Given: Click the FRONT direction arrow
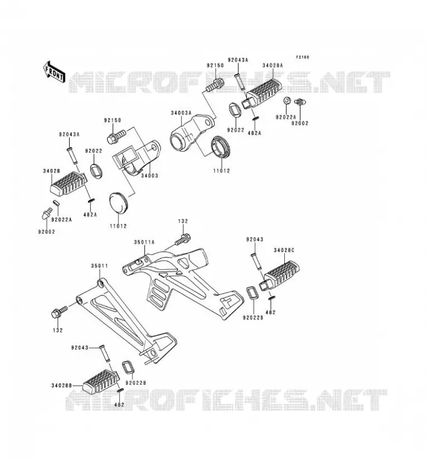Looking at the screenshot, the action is pos(54,73).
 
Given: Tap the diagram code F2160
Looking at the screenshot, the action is pos(302,57).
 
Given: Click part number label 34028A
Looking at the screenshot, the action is pos(273,66).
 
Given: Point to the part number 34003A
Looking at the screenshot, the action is pos(181,113).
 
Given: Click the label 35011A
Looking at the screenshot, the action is pos(144,242).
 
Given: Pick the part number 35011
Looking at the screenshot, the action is pos(99,266).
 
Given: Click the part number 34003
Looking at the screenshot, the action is pos(150,176).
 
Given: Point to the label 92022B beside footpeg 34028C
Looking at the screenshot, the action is pos(253,317).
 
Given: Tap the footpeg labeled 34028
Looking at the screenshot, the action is pos(68,183).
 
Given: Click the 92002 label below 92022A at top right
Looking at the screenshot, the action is pos(300,123).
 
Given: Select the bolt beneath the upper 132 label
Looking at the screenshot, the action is pos(182,239).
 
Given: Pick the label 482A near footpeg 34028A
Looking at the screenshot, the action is pos(254,133).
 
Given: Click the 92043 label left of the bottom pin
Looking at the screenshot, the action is pos(79,348).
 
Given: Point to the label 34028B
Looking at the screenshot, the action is pos(62,385).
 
